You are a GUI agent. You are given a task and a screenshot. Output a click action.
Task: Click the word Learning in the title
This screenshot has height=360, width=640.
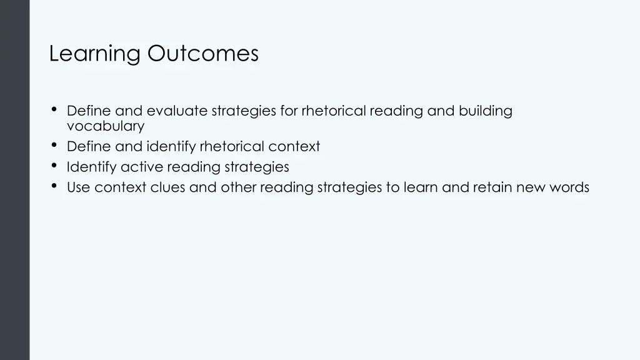pos(95,54)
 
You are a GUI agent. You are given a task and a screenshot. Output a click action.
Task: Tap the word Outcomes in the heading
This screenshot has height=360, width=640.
pos(203,54)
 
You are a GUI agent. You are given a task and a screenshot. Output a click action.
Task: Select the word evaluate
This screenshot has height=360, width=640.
pos(177,111)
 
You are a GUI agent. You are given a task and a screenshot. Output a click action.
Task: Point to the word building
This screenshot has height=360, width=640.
pos(486,111)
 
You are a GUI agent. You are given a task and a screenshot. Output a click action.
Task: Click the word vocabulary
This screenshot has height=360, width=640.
pos(106,126)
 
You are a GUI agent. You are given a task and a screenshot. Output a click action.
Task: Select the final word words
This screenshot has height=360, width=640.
pos(569,187)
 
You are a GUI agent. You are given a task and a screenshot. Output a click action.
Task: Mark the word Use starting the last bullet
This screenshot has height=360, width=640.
pos(78,187)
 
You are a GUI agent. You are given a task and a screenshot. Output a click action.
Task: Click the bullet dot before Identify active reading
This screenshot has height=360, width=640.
pos(54,166)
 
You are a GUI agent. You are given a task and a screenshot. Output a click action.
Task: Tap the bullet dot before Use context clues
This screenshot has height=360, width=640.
pos(54,186)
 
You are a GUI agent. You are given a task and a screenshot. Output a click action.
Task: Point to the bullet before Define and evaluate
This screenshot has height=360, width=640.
pos(54,110)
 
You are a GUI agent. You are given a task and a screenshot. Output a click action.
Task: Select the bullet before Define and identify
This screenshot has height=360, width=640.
pos(54,146)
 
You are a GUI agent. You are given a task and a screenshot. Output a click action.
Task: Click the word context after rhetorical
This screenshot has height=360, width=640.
pos(294,147)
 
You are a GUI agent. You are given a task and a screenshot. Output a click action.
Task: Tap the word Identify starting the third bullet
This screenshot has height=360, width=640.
pos(91,167)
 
